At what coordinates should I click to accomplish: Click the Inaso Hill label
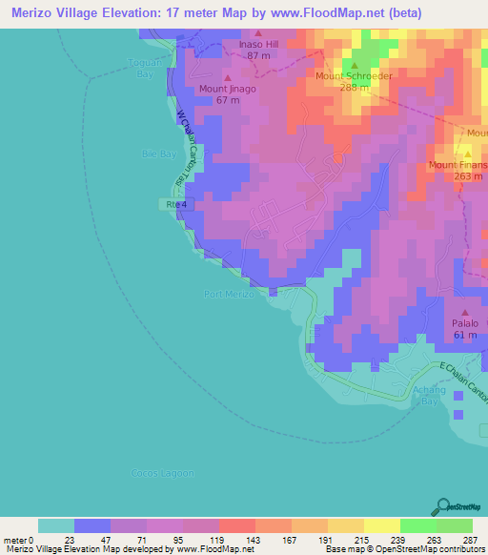tap(257, 43)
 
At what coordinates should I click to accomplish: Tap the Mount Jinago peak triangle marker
tap(227, 77)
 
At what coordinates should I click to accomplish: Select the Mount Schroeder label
tap(355, 75)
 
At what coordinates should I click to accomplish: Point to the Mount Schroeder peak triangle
tap(355, 65)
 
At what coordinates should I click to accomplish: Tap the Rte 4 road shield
tap(172, 204)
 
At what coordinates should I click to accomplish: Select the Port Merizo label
tap(229, 295)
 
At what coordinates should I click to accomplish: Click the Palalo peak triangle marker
tap(465, 313)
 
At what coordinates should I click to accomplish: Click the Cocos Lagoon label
tap(162, 473)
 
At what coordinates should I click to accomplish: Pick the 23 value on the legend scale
tap(74, 540)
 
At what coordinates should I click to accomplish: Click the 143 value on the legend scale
tap(256, 540)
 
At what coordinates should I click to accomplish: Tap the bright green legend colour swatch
tap(418, 525)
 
